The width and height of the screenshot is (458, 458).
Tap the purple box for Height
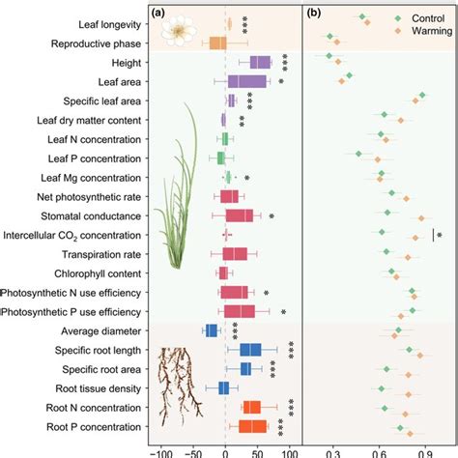(260, 63)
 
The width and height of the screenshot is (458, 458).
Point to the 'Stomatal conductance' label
(99, 215)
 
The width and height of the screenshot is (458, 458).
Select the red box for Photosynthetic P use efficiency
(239, 311)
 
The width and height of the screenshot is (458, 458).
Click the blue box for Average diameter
(212, 330)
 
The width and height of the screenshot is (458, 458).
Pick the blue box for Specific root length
(250, 350)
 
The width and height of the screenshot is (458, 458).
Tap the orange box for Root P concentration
(253, 426)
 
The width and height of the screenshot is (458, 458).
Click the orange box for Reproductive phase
(217, 43)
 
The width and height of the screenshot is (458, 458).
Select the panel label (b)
(314, 14)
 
